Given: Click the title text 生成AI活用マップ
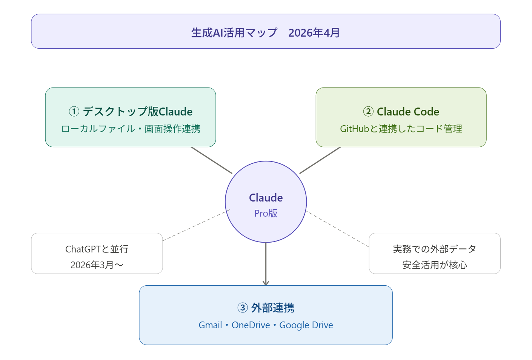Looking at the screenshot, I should tap(234, 33).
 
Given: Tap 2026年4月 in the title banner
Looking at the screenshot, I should tap(314, 33).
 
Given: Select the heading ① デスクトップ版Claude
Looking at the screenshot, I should tap(131, 112).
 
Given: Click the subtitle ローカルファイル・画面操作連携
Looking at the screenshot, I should tap(131, 129).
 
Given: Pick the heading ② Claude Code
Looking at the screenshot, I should tap(401, 112).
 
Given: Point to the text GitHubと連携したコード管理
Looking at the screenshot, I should tap(401, 129).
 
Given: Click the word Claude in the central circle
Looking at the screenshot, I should tap(266, 198).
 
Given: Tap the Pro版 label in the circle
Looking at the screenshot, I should tap(266, 213).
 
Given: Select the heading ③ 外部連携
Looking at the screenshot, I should tap(266, 308).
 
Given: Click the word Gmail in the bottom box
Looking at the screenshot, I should tap(210, 325).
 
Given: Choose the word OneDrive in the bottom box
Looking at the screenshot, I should tap(251, 325).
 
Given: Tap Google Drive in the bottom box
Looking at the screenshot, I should tap(306, 325).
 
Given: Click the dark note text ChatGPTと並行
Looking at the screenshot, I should tap(97, 249).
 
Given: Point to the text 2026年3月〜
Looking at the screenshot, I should tap(97, 265).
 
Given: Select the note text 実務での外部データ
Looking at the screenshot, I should tap(434, 249).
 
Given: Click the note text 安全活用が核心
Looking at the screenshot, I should tap(434, 265).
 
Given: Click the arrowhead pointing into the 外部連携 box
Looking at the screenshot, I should tap(266, 283).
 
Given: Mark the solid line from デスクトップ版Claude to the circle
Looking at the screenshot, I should tap(212, 160).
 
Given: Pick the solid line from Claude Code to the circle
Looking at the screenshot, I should tap(320, 160).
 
